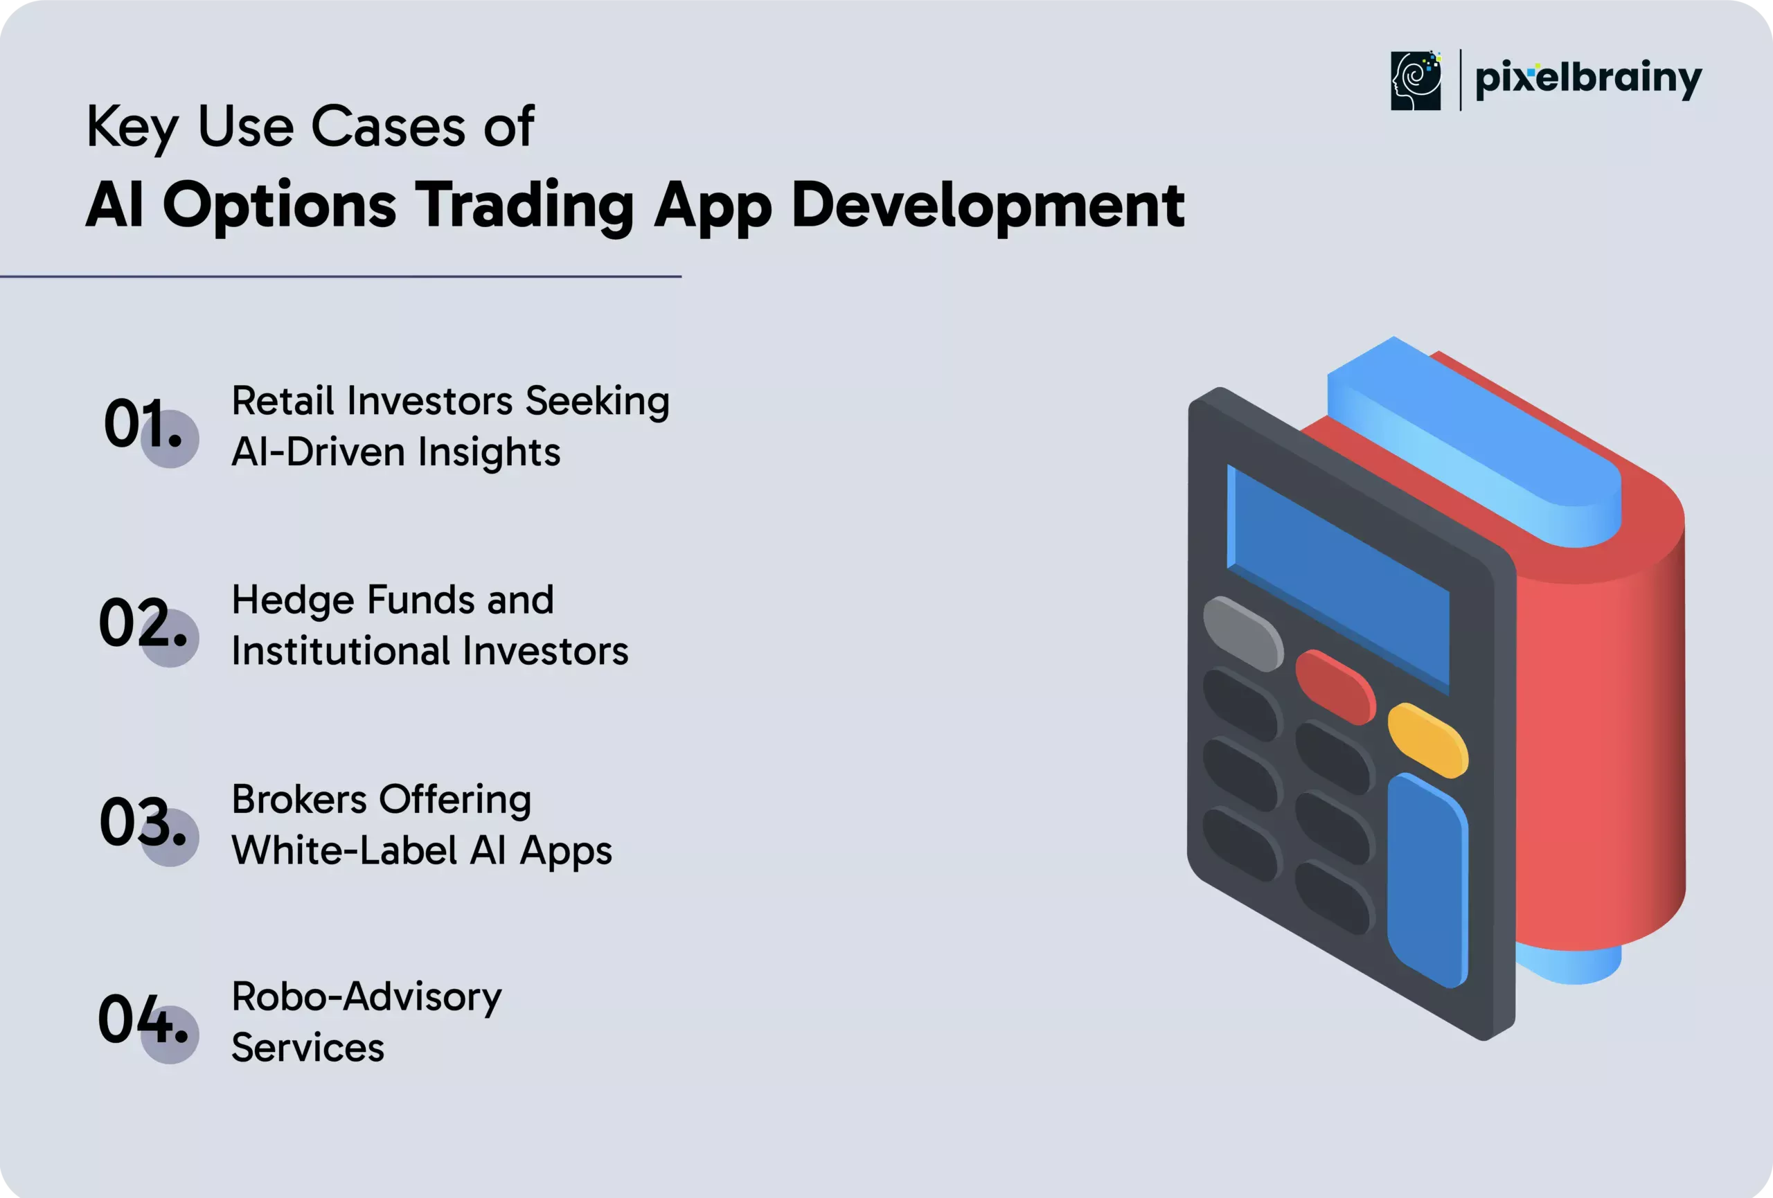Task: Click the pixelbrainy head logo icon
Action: (x=1416, y=81)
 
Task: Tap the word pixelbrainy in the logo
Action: (x=1588, y=78)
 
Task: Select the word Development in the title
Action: (x=988, y=205)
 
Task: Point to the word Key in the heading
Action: (x=133, y=127)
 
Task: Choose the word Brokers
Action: (x=299, y=799)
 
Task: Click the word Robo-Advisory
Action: (x=367, y=998)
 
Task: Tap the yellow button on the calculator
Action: (x=1427, y=740)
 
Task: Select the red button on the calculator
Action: (x=1335, y=687)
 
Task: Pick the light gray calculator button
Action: (x=1242, y=634)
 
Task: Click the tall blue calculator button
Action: (x=1427, y=880)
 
